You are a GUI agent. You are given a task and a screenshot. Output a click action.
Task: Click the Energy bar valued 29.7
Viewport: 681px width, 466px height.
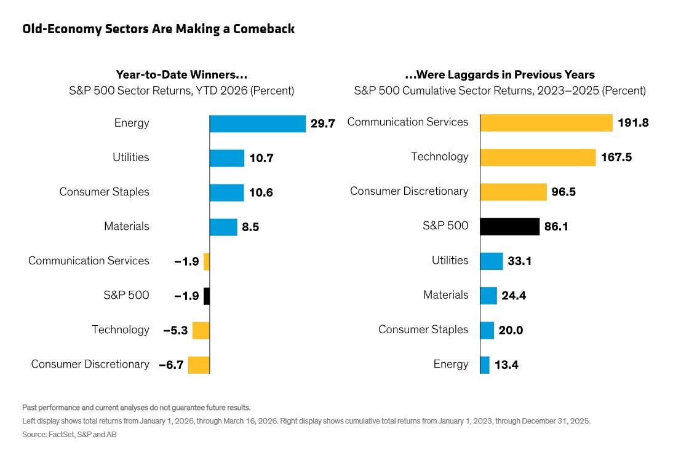coord(257,124)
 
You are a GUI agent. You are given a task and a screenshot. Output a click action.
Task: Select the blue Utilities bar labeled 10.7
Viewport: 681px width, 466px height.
coord(226,158)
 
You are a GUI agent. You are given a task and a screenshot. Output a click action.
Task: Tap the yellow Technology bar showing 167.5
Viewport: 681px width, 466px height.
coord(538,157)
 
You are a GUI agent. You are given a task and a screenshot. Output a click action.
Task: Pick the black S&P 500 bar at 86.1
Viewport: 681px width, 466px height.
coord(509,226)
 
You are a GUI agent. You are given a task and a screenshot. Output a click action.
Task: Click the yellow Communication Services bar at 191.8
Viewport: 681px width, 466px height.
coord(546,122)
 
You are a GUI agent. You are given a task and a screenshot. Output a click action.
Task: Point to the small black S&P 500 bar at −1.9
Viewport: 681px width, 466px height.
coord(207,296)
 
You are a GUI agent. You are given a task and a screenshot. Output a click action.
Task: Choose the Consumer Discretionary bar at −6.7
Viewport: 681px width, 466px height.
coord(199,365)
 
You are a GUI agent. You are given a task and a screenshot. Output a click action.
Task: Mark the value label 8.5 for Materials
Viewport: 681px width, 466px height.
coord(250,227)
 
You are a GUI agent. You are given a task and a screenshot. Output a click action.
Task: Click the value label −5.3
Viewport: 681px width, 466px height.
coord(175,331)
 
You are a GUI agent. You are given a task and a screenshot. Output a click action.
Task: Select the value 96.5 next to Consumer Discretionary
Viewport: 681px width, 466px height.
coord(564,192)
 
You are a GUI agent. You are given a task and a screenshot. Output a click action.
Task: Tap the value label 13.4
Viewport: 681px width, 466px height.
coord(506,365)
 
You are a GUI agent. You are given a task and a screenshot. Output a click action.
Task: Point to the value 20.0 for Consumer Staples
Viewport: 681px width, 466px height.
coord(511,331)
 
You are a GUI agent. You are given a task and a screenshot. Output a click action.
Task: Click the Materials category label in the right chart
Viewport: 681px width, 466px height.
coord(445,295)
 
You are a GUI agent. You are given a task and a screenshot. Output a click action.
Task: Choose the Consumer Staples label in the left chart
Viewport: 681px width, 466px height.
coord(104,192)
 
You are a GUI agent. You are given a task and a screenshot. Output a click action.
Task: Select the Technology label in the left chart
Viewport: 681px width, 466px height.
coord(121,330)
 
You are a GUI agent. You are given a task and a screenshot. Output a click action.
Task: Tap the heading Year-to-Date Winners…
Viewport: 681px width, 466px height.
coord(181,75)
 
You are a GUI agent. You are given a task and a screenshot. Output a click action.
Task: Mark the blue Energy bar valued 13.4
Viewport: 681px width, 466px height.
coord(485,365)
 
